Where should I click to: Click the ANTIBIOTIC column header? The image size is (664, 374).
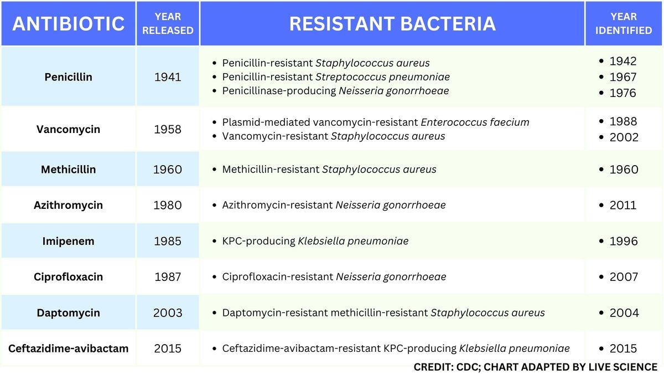[68, 24]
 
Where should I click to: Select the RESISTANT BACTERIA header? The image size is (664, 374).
[392, 24]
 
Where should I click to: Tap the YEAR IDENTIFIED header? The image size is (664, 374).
[624, 24]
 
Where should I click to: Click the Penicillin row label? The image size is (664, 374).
[68, 77]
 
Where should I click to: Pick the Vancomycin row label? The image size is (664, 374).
[68, 129]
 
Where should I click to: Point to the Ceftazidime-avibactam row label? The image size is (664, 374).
[68, 349]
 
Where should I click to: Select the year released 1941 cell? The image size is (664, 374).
[168, 77]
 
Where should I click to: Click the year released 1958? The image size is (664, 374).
[168, 129]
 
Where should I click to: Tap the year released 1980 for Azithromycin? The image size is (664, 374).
[168, 205]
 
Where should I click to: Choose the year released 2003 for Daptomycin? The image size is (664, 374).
[168, 312]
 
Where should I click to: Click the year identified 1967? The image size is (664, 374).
[623, 77]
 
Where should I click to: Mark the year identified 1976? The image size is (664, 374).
[623, 93]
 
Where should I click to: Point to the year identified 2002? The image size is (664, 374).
[624, 137]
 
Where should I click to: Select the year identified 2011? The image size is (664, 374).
[623, 205]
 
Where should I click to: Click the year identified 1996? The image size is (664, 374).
[624, 241]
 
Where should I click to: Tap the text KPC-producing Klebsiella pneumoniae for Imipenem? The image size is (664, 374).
[315, 241]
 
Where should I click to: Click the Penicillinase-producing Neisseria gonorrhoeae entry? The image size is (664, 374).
[335, 90]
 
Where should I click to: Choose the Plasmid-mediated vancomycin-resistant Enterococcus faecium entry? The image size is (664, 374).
[376, 122]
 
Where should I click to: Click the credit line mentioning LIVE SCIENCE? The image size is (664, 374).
[535, 367]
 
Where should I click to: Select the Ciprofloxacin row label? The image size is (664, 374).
[68, 276]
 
